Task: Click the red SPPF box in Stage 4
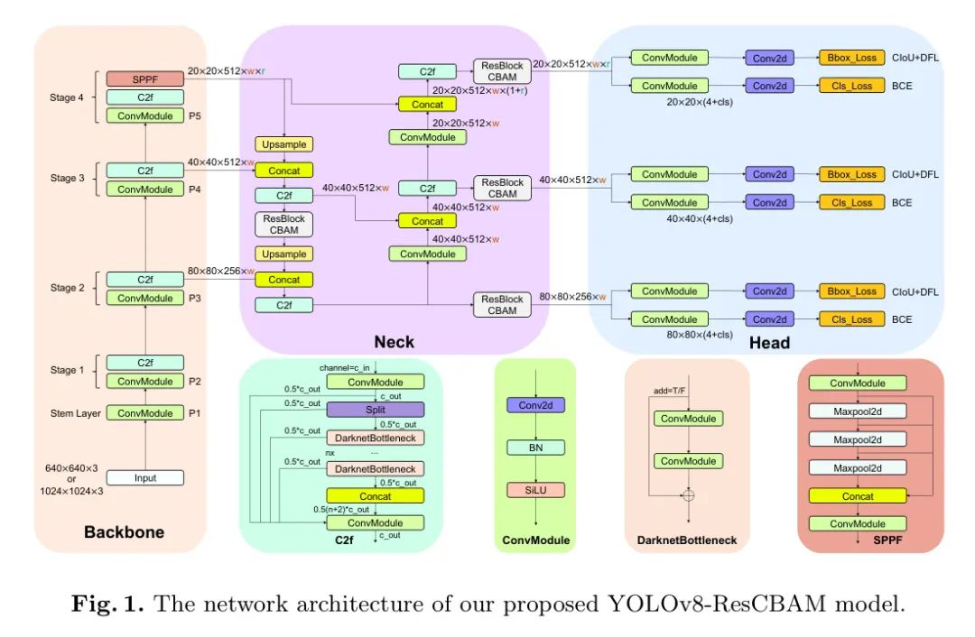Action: coord(144,79)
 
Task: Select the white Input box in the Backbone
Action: coord(144,478)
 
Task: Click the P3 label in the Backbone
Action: coord(195,299)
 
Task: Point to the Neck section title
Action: coord(395,341)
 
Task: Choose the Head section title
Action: coord(769,342)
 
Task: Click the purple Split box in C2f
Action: coord(375,409)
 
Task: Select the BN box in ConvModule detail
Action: coord(536,448)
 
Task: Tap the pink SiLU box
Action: coord(536,489)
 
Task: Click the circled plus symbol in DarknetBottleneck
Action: coord(689,494)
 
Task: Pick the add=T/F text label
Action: coord(670,391)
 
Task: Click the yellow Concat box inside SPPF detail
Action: coord(858,496)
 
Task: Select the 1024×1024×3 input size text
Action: coord(72,491)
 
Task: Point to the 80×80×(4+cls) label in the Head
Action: coord(700,335)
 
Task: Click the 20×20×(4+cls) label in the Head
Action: coord(700,102)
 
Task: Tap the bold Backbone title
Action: coord(125,532)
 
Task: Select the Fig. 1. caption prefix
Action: coord(109,605)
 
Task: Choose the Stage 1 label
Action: coord(69,370)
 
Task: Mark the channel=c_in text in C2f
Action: coord(347,368)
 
